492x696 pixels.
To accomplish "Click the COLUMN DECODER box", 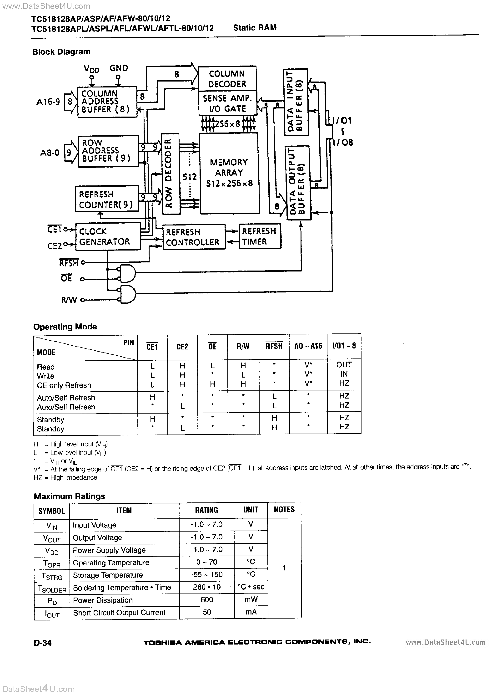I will [227, 78].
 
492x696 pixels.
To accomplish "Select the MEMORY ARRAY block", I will [229, 173].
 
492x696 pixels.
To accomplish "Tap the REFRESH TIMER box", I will [260, 236].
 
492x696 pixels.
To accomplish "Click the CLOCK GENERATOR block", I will [108, 236].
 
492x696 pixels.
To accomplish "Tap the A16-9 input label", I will [48, 102].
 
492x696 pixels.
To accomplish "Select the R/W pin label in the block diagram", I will [69, 300].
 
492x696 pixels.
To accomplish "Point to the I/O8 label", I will [343, 143].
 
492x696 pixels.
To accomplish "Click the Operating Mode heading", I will [65, 327].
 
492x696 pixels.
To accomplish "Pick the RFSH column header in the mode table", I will [274, 346].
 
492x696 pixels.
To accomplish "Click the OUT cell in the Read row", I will [344, 365].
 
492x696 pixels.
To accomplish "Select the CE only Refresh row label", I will [64, 385].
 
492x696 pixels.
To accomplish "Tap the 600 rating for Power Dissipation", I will [207, 600].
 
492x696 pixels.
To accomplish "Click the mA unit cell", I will [251, 612].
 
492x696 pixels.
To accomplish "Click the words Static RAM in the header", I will [255, 28].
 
